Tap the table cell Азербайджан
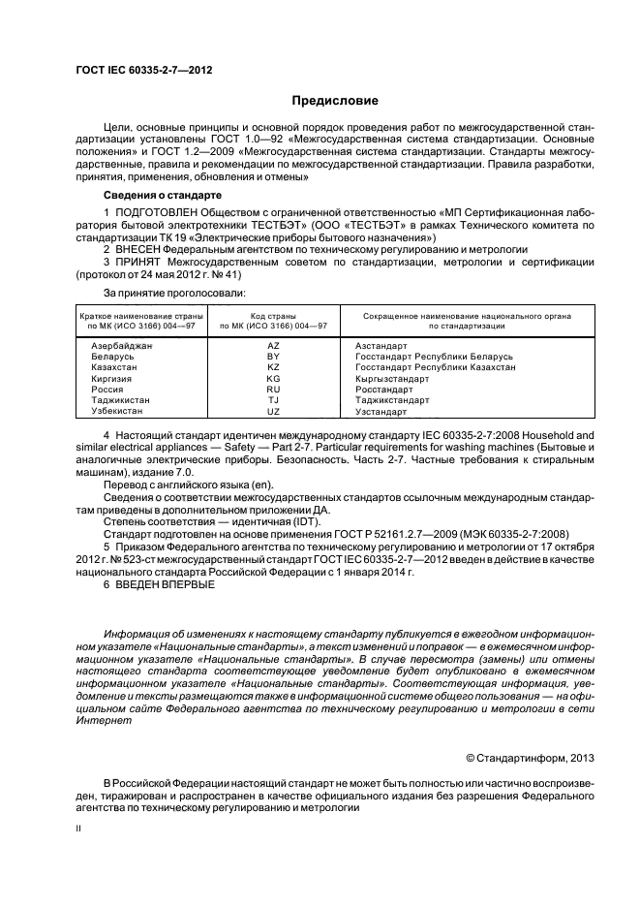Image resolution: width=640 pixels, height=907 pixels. [x=121, y=346]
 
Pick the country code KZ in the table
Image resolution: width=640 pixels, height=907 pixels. [x=273, y=368]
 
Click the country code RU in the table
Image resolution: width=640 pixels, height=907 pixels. [x=273, y=390]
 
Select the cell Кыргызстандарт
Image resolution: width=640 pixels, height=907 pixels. [x=392, y=379]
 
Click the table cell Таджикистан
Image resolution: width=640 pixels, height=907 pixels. [x=121, y=400]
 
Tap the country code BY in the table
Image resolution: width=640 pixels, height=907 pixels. [x=273, y=358]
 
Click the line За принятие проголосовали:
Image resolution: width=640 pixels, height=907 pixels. [x=173, y=292]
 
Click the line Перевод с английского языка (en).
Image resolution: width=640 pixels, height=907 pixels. [x=189, y=485]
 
